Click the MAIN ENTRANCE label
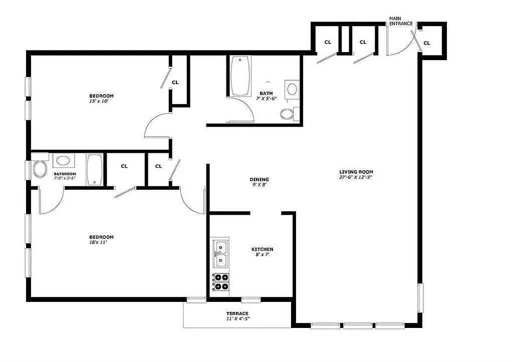pyautogui.click(x=401, y=21)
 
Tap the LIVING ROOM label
pyautogui.click(x=356, y=172)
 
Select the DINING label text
pyautogui.click(x=259, y=180)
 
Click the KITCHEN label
pyautogui.click(x=262, y=249)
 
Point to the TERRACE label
pyautogui.click(x=237, y=313)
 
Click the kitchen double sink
pyautogui.click(x=221, y=254)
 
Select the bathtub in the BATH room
pyautogui.click(x=240, y=76)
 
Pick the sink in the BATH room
pyautogui.click(x=292, y=89)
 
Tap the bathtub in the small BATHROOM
pyautogui.click(x=95, y=170)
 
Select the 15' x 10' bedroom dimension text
pyautogui.click(x=99, y=101)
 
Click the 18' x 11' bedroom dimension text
pyautogui.click(x=98, y=243)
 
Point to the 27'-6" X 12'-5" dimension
pyautogui.click(x=356, y=178)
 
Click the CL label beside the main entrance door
pyautogui.click(x=427, y=43)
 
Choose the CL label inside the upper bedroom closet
pyautogui.click(x=175, y=83)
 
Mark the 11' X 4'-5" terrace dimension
pyautogui.click(x=238, y=319)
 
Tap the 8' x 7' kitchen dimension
pyautogui.click(x=262, y=255)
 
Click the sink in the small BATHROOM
pyautogui.click(x=63, y=161)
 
